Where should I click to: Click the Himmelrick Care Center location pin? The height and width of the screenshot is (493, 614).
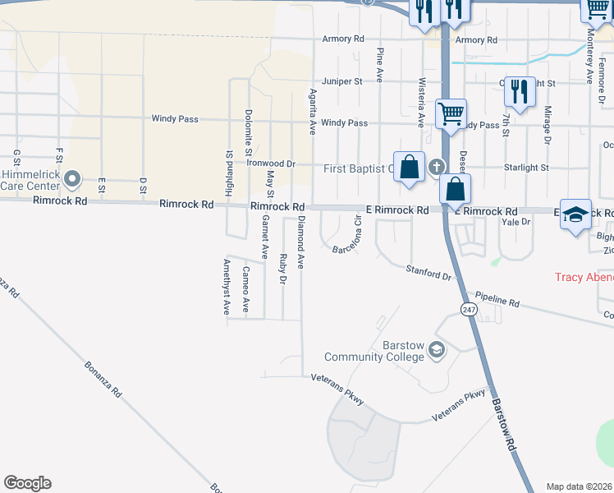coord(72,178)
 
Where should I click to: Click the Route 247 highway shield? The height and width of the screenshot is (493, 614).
coord(468,309)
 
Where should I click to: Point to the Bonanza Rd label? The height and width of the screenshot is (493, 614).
coord(103,380)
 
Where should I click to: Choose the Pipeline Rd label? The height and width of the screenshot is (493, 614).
coord(496,301)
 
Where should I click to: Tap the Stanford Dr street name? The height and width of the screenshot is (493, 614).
coord(429,273)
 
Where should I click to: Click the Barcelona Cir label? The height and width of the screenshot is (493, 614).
coord(347,236)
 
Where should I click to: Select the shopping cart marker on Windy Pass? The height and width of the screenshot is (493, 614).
coord(451,114)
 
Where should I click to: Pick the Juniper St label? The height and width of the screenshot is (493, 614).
coord(342,81)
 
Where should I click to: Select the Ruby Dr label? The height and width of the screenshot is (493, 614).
coord(282,269)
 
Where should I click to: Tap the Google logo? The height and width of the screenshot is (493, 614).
coord(27,483)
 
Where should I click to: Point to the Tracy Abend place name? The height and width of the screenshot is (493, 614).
coord(584,277)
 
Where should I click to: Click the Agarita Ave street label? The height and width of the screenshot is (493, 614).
coord(312,112)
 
